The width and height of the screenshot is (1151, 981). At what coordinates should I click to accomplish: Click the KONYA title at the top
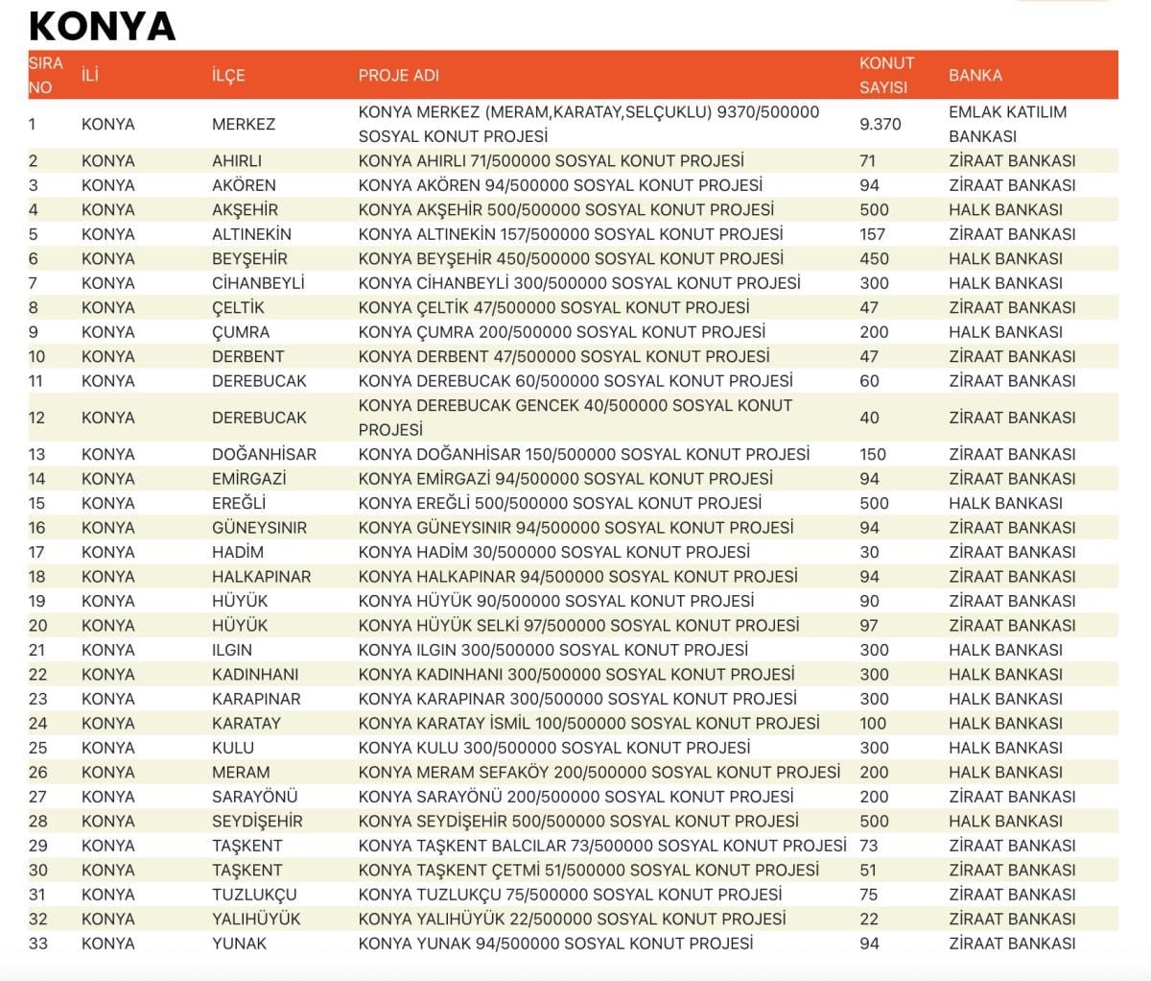[x=103, y=26]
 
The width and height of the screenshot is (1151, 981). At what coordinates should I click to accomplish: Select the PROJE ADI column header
[x=398, y=75]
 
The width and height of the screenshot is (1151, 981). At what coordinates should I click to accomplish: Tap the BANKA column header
[x=975, y=75]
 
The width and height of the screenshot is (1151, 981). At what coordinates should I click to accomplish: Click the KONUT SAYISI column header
[x=886, y=75]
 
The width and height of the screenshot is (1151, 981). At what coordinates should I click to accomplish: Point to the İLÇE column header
[x=228, y=75]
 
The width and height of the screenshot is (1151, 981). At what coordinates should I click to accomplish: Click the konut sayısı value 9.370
[x=880, y=124]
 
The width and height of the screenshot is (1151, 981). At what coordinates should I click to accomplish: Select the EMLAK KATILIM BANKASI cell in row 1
[x=1007, y=124]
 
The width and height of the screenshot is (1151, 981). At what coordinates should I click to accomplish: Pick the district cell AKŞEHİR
[x=245, y=209]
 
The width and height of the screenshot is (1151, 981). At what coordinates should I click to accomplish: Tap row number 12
[x=37, y=418]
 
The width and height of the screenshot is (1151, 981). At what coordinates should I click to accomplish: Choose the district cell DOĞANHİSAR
[x=264, y=454]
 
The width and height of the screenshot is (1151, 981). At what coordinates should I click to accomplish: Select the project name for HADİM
[x=553, y=552]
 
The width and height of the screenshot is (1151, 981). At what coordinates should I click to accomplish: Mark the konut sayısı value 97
[x=869, y=626]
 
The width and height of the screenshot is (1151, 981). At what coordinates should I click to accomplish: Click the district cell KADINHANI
[x=255, y=675]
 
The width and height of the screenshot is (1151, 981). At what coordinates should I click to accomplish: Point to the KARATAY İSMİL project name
[x=588, y=724]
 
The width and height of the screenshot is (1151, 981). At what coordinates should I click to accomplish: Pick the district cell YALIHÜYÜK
[x=256, y=919]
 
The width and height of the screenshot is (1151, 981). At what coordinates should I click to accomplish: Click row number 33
[x=37, y=944]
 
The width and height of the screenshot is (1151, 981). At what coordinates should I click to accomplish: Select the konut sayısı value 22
[x=869, y=919]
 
